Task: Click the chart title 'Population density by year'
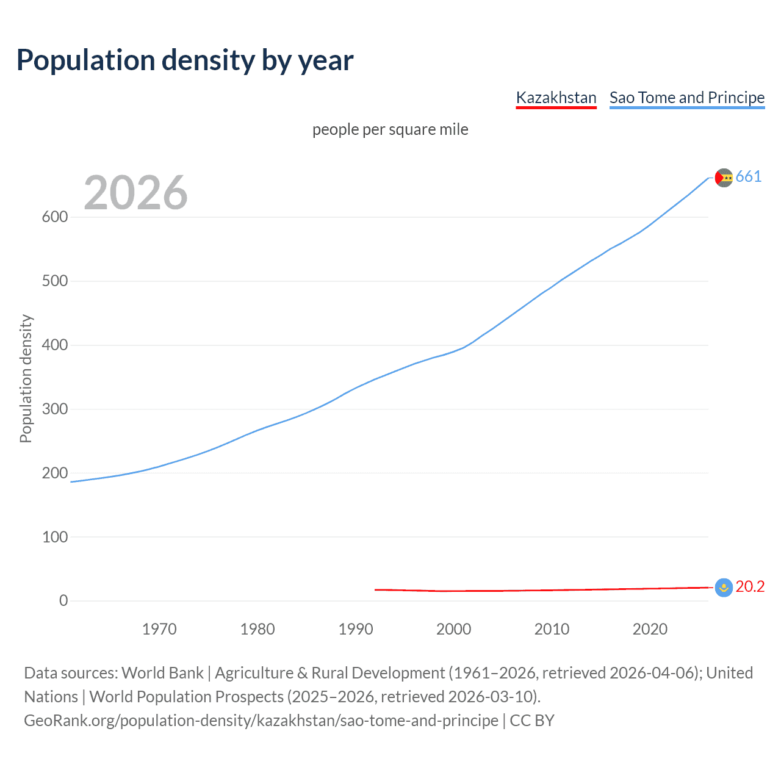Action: tap(185, 60)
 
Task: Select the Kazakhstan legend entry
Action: tap(556, 98)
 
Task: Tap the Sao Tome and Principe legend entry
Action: tap(686, 98)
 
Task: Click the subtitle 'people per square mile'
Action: tap(390, 129)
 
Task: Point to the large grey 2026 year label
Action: tap(135, 193)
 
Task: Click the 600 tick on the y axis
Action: tap(55, 217)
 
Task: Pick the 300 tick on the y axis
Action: tap(55, 409)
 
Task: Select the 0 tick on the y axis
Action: tap(63, 600)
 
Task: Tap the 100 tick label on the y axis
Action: tap(55, 537)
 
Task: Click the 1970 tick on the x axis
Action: tap(159, 629)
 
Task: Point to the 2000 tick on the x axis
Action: tap(453, 629)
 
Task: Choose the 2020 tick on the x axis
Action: tap(650, 629)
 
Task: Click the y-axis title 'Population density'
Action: tap(26, 378)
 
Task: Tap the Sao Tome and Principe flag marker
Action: tap(724, 178)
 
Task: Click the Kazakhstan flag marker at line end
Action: tap(724, 588)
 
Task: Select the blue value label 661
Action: tap(749, 177)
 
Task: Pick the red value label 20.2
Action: tap(750, 586)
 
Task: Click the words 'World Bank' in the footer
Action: tap(162, 673)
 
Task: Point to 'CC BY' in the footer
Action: tap(532, 721)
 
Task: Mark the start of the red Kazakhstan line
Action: tap(375, 589)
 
